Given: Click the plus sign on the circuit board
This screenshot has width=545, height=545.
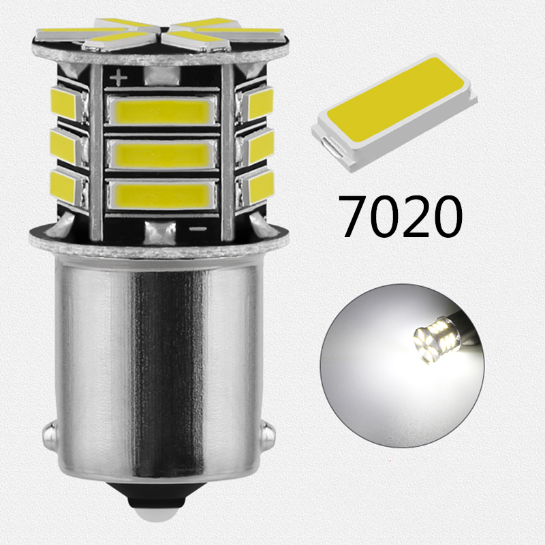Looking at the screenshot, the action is coord(119,78).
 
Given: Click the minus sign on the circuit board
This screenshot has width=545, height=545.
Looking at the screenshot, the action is coord(198,229).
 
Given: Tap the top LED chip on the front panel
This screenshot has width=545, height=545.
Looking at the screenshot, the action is coord(162,110).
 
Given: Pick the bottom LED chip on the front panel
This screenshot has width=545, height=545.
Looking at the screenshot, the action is coord(162,195).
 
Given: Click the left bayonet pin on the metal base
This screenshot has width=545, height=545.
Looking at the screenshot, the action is coord(48,433).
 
